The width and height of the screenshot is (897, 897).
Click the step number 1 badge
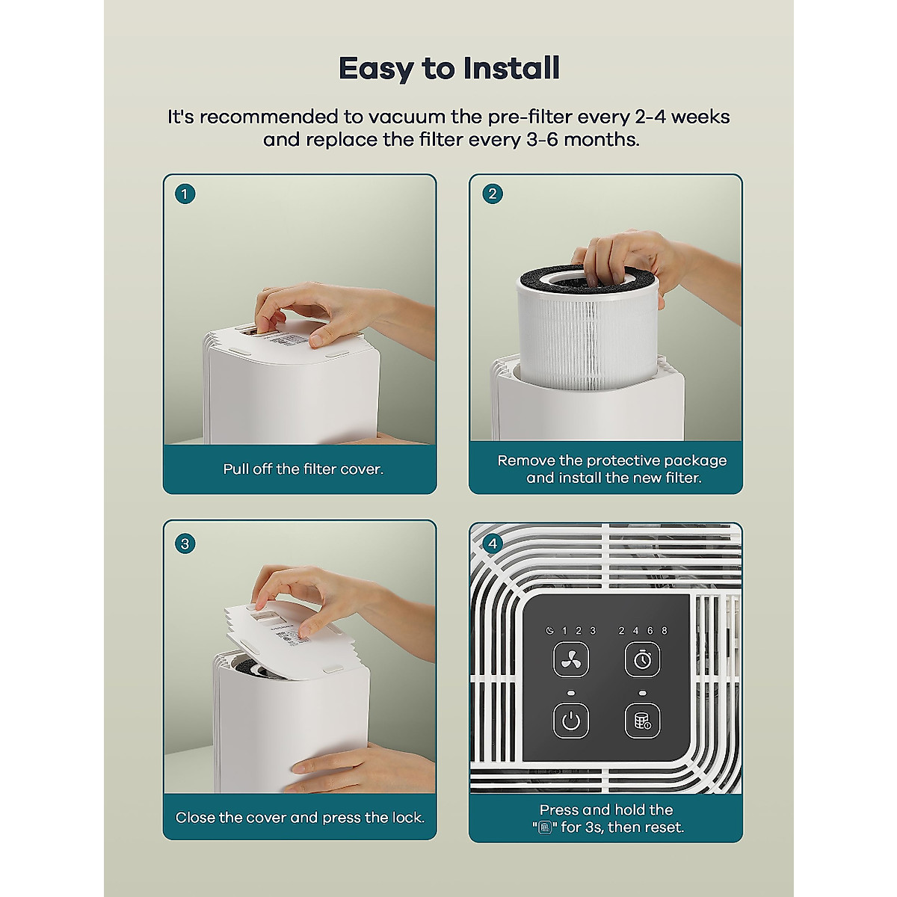click(185, 194)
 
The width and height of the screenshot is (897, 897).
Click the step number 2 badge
click(492, 194)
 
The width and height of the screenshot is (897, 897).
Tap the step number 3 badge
click(185, 543)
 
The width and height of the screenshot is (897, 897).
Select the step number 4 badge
click(492, 543)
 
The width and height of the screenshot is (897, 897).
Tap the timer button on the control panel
click(642, 660)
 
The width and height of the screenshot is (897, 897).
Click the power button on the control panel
click(570, 721)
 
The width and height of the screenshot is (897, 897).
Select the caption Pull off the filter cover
click(303, 469)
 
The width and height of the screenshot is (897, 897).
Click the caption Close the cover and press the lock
click(300, 818)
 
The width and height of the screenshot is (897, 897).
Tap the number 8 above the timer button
click(664, 631)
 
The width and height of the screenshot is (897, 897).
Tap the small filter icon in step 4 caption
click(545, 827)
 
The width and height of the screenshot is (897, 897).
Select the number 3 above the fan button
click(593, 631)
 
